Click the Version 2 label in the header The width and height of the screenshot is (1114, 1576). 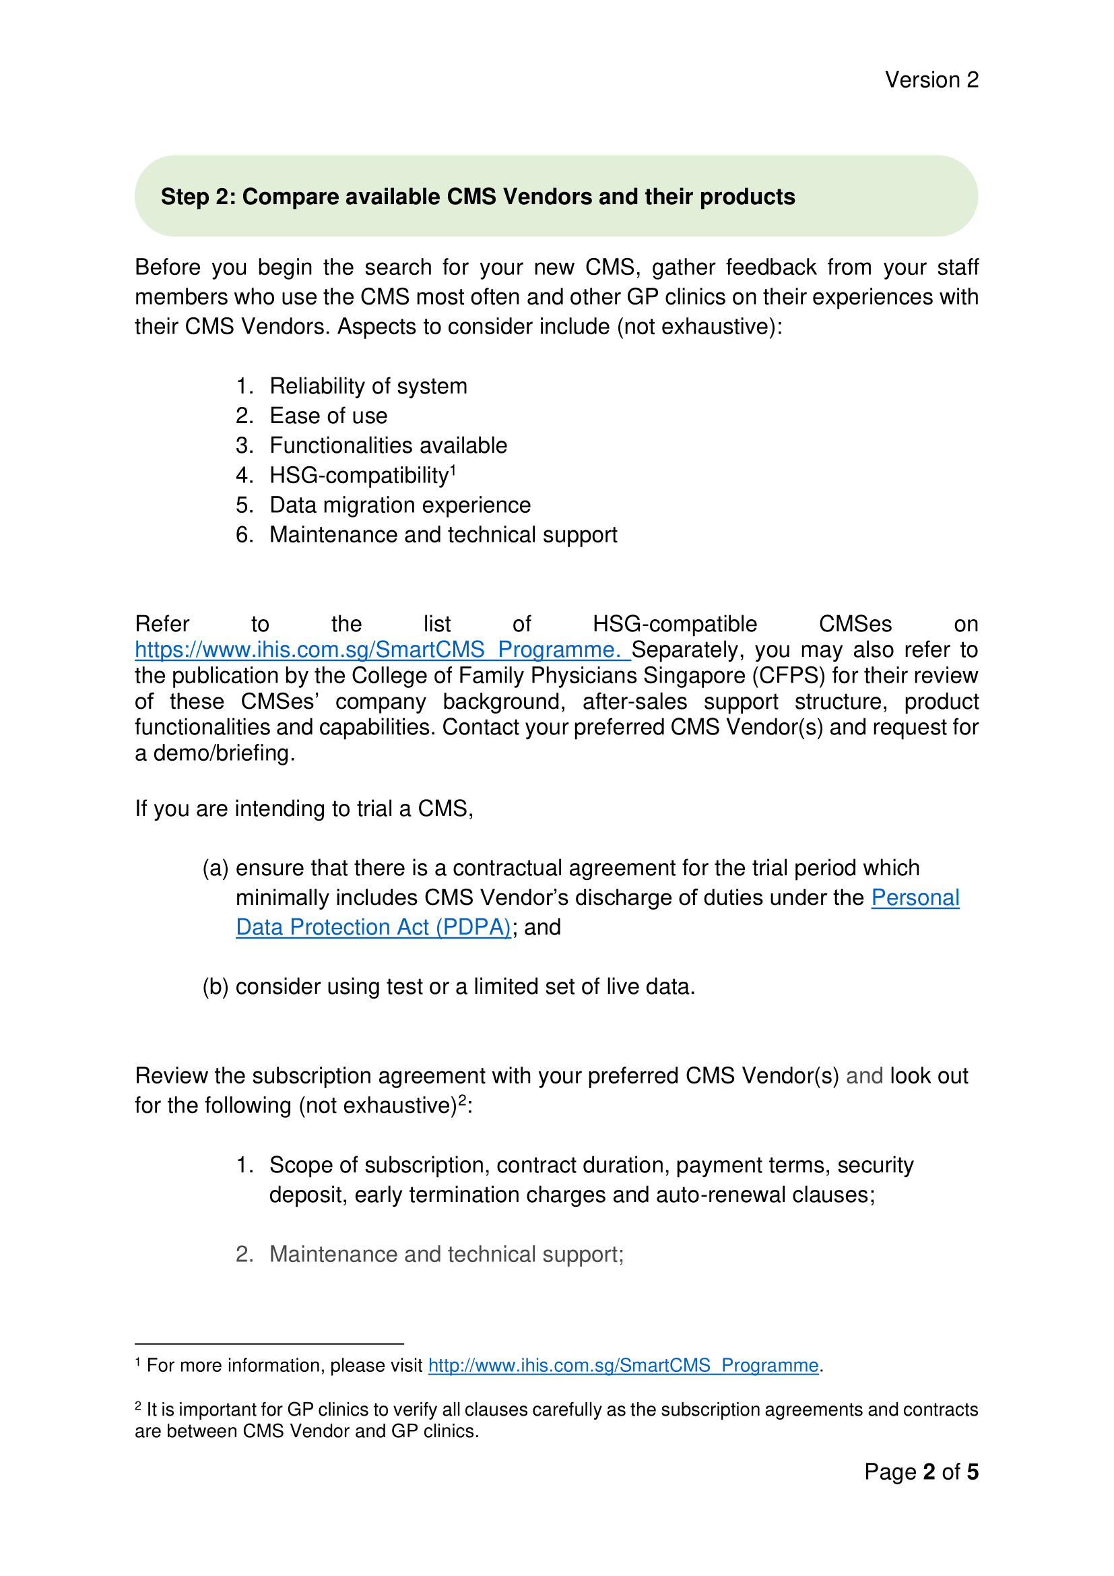[x=931, y=80]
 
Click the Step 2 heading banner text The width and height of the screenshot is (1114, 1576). [x=478, y=197]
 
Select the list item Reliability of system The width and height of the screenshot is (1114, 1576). [x=368, y=386]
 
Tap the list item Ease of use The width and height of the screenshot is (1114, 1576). [x=328, y=415]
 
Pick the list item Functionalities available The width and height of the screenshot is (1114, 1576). [x=387, y=445]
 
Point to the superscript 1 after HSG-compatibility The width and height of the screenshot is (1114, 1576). [x=453, y=469]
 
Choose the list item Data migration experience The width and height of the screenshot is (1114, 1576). [x=400, y=505]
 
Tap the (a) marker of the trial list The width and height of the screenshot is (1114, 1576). [x=215, y=868]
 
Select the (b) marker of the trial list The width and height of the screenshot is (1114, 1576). [x=215, y=986]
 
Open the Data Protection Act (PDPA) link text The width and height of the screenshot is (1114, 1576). [x=373, y=927]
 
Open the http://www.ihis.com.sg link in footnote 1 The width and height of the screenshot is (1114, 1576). [x=623, y=1365]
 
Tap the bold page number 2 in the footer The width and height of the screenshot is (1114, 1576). [x=929, y=1472]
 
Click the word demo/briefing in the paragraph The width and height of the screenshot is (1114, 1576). [x=224, y=753]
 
